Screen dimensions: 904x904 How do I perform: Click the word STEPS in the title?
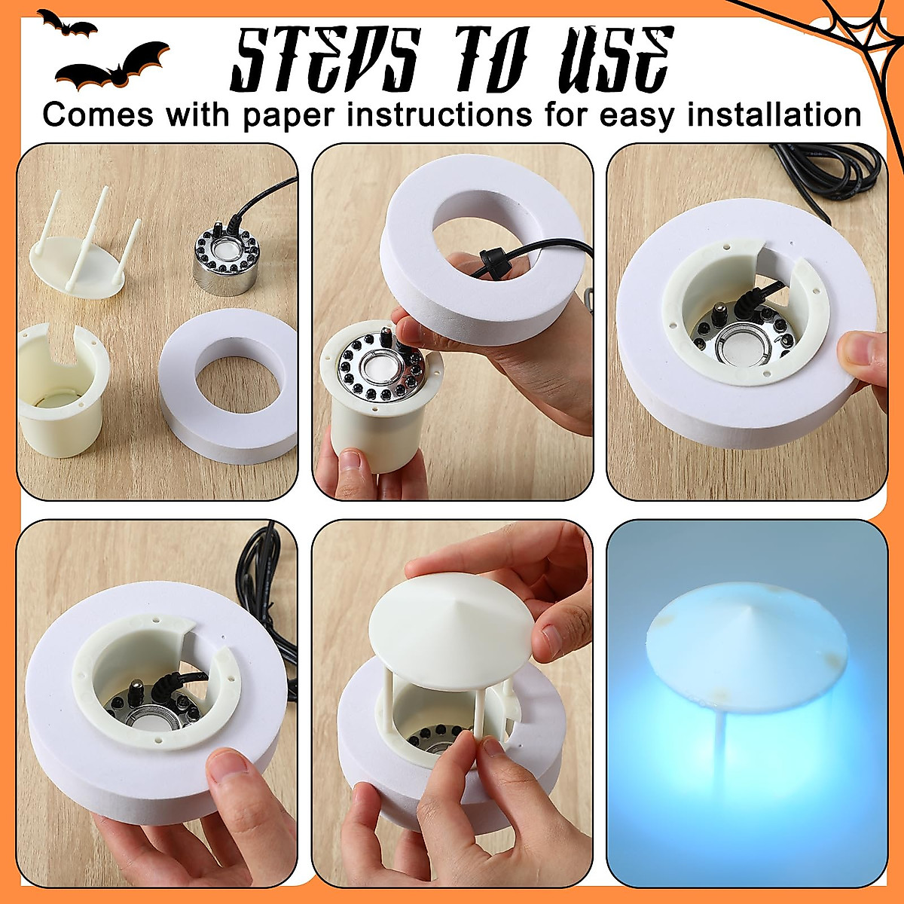324,60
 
